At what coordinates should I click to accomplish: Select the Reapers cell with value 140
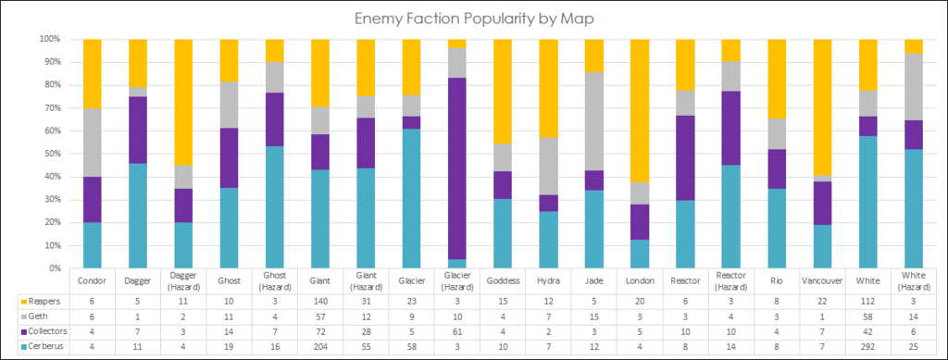coord(320,301)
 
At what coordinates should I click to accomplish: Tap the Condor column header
coord(93,280)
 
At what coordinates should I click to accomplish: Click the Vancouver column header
coord(822,280)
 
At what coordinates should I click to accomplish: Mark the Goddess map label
coord(503,280)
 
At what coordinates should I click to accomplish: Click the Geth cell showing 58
coord(867,316)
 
